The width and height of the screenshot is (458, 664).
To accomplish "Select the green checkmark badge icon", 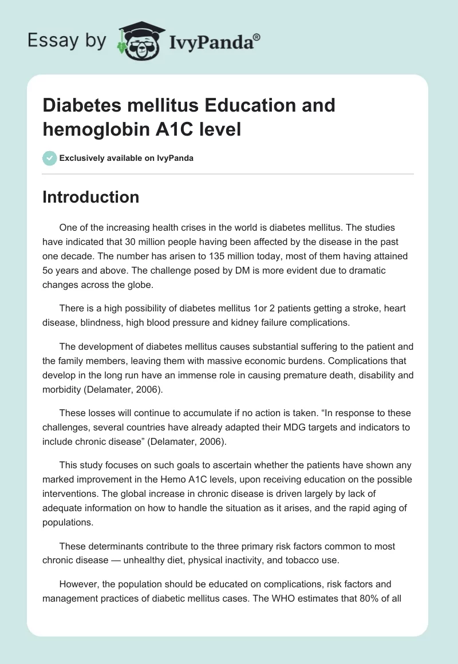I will pos(50,158).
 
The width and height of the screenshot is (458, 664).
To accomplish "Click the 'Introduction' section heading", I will pos(91,197).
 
